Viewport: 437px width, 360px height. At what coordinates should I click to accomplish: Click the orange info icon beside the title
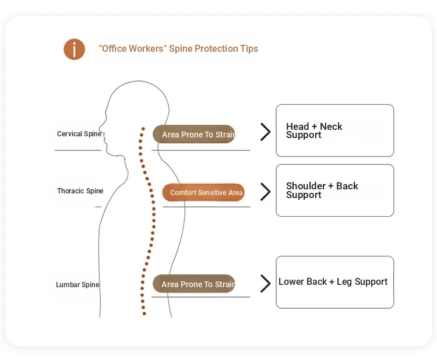[x=74, y=50]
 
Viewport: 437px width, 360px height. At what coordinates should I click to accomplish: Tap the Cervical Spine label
[x=79, y=134]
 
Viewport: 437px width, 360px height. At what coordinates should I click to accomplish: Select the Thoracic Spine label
[x=80, y=191]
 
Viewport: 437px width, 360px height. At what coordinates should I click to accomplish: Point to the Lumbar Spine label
[x=77, y=285]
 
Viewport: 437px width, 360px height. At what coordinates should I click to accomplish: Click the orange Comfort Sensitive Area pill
[x=203, y=193]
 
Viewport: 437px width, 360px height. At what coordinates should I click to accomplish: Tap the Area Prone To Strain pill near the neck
[x=194, y=135]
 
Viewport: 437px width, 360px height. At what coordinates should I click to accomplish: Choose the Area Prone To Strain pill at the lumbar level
[x=194, y=284]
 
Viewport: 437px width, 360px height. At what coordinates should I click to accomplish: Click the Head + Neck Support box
[x=334, y=130]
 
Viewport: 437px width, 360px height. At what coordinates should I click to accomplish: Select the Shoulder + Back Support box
[x=334, y=190]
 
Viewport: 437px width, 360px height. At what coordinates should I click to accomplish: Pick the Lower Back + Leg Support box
[x=334, y=282]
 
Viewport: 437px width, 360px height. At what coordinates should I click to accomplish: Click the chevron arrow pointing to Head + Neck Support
[x=266, y=132]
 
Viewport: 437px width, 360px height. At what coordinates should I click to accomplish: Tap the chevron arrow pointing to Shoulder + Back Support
[x=266, y=192]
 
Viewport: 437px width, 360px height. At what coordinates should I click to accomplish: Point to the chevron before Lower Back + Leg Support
[x=266, y=284]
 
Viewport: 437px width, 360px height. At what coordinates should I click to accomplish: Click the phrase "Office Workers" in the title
[x=132, y=49]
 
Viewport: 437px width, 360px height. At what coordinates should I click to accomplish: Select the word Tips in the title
[x=249, y=49]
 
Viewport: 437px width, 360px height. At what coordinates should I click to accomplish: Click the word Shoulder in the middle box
[x=306, y=186]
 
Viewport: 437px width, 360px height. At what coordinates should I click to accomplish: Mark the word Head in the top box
[x=297, y=126]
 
